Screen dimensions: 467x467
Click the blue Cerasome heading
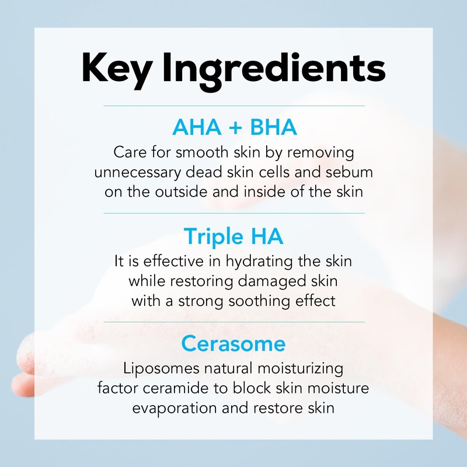coord(233,343)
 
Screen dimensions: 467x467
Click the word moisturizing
coord(295,370)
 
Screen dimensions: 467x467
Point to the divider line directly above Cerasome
coord(233,322)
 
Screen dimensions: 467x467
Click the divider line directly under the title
coord(233,106)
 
